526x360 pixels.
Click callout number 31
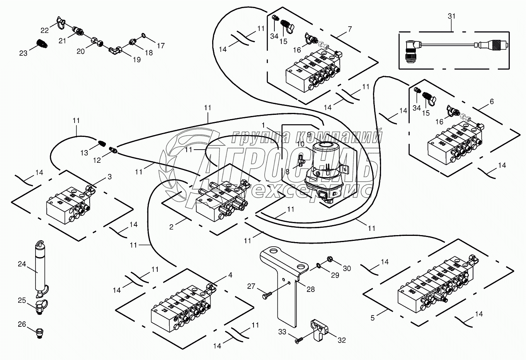451,16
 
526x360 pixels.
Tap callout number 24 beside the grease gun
21,264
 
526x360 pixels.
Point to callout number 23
23,53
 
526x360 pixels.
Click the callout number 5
373,318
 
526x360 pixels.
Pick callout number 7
350,29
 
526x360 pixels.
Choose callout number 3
109,177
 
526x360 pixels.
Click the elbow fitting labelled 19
115,49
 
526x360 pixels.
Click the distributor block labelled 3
68,205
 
